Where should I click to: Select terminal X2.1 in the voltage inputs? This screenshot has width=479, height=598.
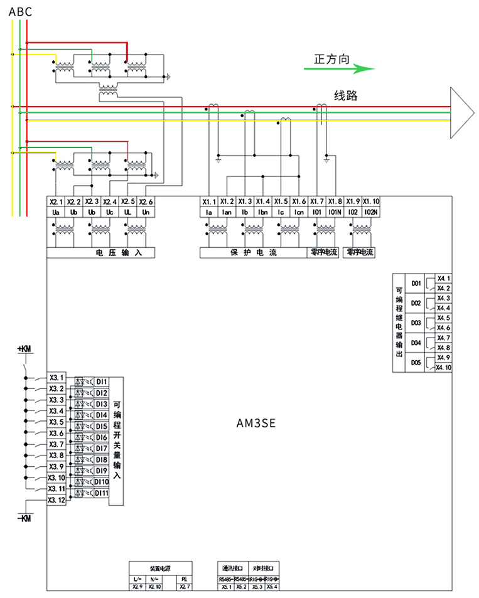click(x=56, y=202)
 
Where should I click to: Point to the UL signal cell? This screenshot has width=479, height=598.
click(x=128, y=213)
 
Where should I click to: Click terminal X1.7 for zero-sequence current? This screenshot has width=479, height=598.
click(x=317, y=202)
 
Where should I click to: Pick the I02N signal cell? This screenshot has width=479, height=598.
click(x=370, y=213)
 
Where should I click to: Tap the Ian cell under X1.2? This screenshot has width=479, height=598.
click(x=227, y=213)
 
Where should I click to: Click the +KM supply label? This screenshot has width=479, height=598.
click(x=25, y=348)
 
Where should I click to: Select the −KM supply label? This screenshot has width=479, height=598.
click(x=24, y=518)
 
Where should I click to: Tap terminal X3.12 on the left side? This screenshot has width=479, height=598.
click(x=57, y=500)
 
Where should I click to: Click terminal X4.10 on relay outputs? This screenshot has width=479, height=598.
click(x=444, y=368)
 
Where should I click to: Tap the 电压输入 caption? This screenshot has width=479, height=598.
click(x=119, y=253)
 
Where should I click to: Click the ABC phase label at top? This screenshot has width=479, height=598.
click(x=21, y=11)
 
